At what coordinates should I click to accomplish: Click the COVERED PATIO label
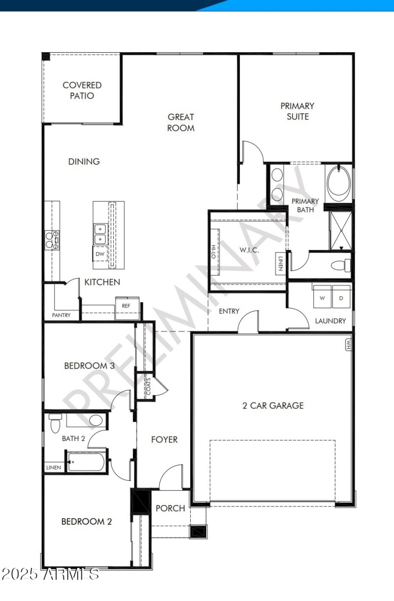click(x=82, y=91)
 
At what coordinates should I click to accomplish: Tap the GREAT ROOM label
click(x=181, y=122)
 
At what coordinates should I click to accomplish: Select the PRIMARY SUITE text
click(x=297, y=111)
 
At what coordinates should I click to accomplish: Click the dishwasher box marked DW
click(x=100, y=254)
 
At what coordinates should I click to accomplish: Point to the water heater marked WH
click(x=348, y=344)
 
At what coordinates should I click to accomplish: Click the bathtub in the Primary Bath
click(x=338, y=184)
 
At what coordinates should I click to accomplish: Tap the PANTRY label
click(x=62, y=315)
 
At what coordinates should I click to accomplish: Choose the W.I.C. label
click(x=249, y=250)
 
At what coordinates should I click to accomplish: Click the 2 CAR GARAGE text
click(x=273, y=406)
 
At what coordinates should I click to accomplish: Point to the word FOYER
click(x=164, y=439)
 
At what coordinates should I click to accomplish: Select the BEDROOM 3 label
click(x=89, y=366)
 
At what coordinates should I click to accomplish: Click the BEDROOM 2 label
click(x=86, y=521)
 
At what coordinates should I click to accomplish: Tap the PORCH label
click(x=170, y=508)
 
